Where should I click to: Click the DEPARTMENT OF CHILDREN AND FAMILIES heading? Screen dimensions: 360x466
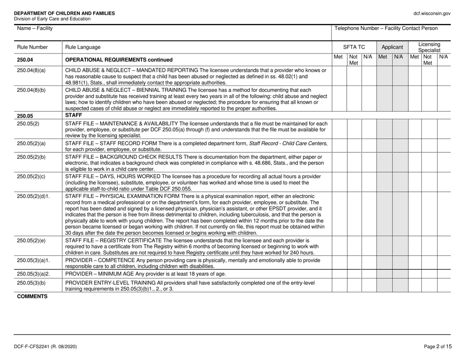pyautogui.click(x=60, y=13)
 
